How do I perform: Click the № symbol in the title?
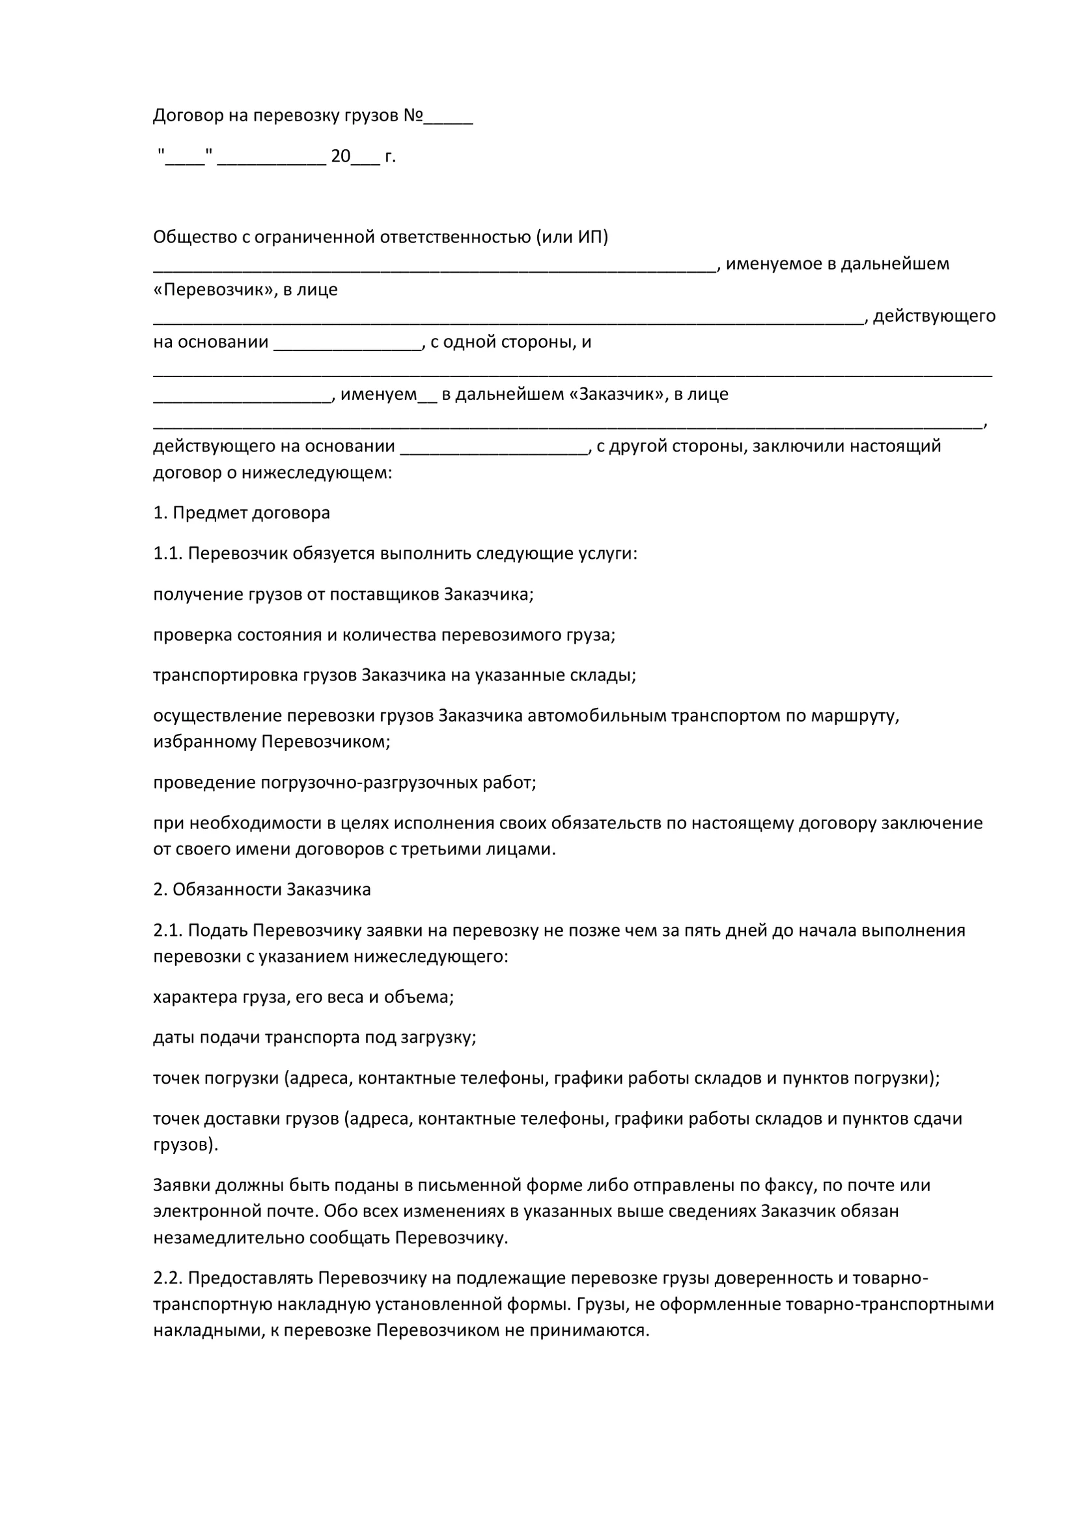coord(413,116)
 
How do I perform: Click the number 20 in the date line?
coord(341,156)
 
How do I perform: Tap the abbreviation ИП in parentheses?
coord(590,236)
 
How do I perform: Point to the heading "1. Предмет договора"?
coord(242,513)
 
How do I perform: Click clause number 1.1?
coord(167,554)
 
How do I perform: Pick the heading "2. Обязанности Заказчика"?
coord(262,890)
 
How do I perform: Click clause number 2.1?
coord(167,931)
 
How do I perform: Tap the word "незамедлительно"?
coord(228,1239)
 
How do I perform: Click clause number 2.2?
coord(167,1278)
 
